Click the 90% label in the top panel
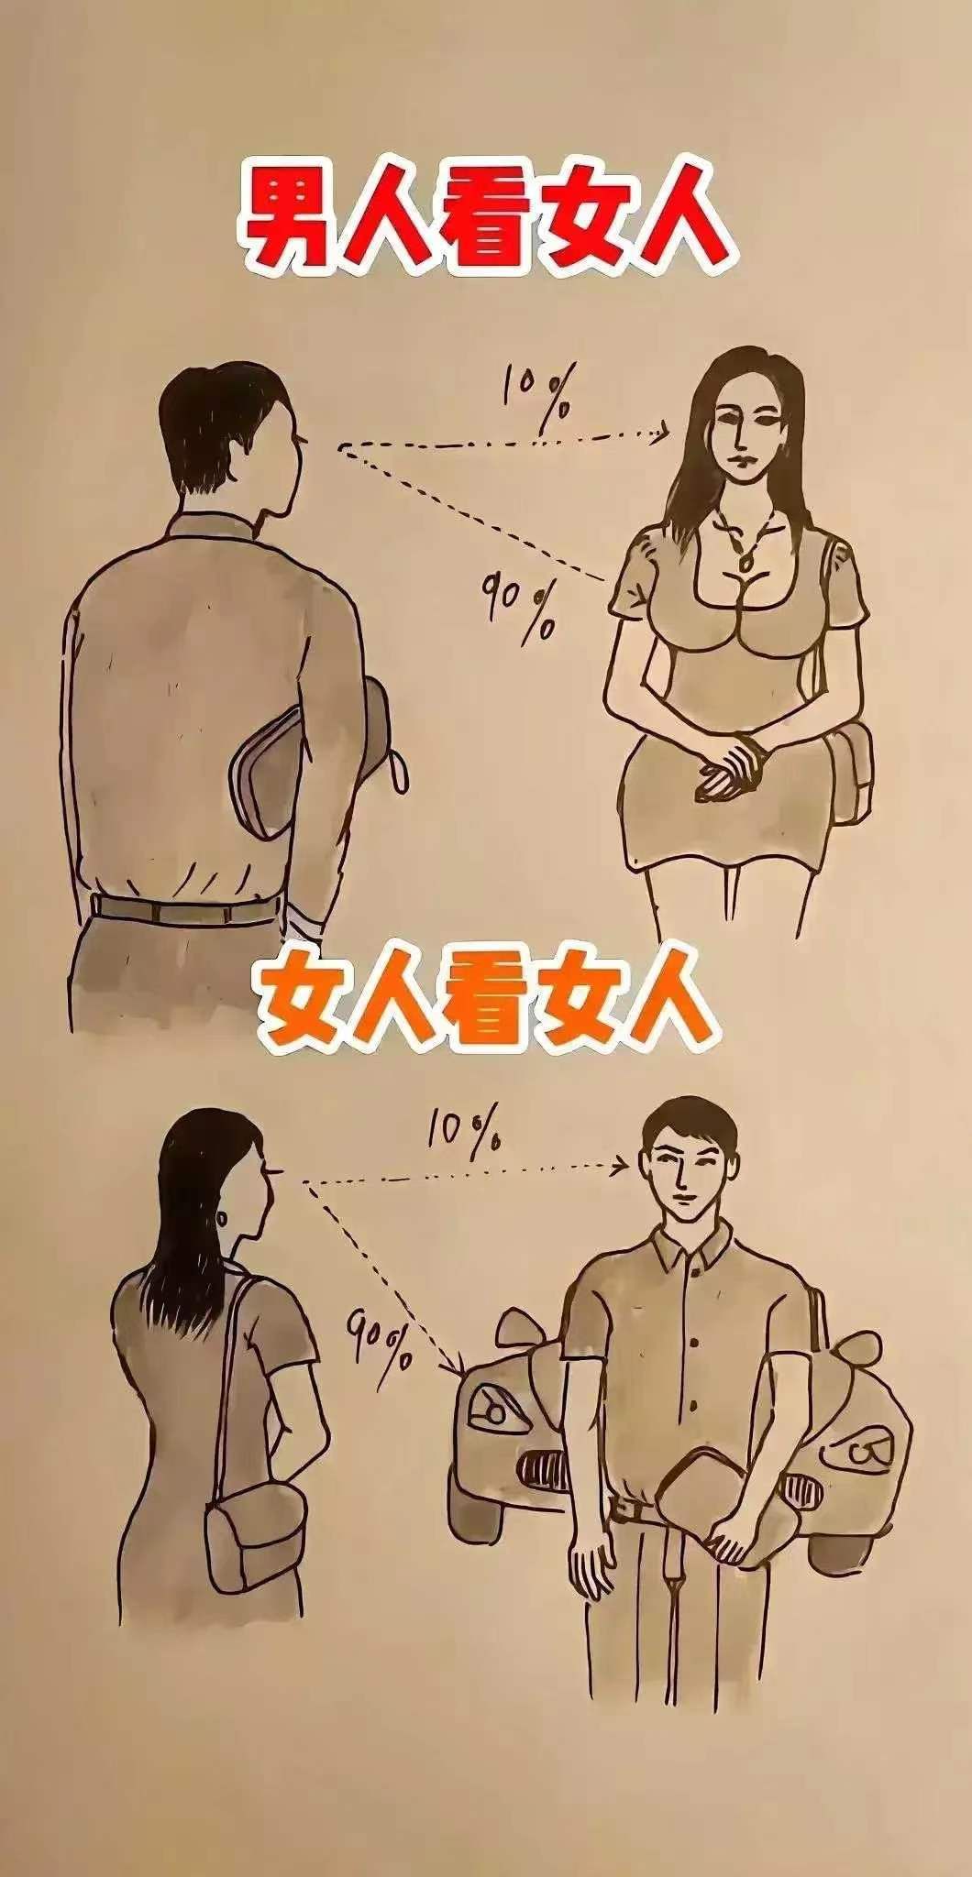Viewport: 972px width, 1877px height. coord(519,605)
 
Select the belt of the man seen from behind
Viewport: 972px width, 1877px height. coord(183,910)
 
